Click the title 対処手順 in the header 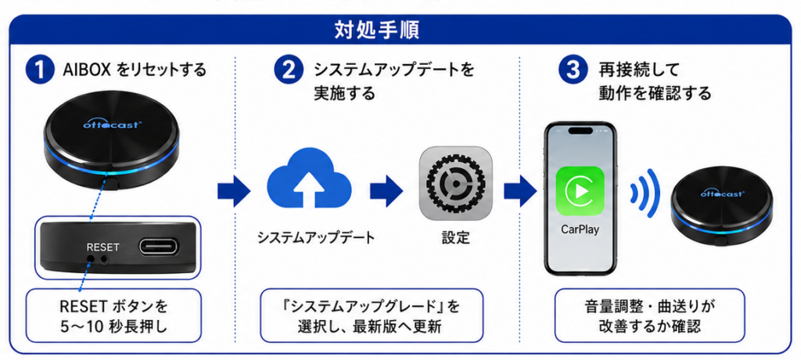coord(377,31)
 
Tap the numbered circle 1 coord(40,71)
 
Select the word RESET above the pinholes coord(102,247)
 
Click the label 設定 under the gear coord(456,238)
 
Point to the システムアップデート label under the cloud coord(316,238)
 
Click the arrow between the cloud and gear coord(386,189)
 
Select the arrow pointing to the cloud coord(234,191)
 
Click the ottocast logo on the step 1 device coord(110,124)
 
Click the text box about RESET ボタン coord(113,315)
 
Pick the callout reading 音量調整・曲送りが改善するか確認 coord(649,315)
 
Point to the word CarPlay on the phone coord(580,229)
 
